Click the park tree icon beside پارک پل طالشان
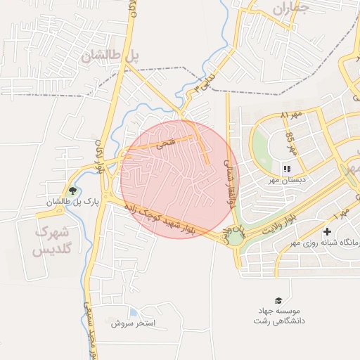(x=72, y=191)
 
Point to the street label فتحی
(x=166, y=143)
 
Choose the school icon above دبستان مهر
(x=286, y=169)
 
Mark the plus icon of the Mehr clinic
(x=327, y=231)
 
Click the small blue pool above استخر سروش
(x=134, y=312)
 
